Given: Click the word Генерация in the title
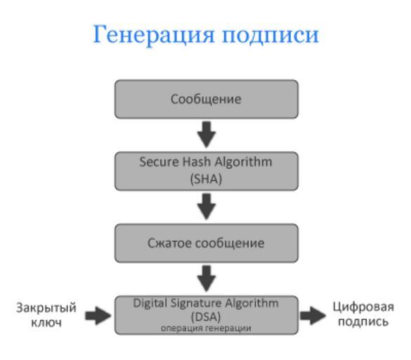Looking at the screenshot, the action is point(154,35).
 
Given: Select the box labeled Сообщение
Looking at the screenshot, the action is point(207,99).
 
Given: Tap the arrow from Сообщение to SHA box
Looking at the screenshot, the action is point(207,134).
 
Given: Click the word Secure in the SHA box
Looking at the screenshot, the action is point(159,162).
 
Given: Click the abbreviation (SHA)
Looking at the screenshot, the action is point(206,179).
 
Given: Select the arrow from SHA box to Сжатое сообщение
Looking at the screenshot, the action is point(207,207).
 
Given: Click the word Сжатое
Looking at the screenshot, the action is point(169,243).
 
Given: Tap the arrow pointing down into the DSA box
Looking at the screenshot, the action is point(207,278).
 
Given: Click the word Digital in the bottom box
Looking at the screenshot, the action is point(150,304).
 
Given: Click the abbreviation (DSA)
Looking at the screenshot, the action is point(206,317).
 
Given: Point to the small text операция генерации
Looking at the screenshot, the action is point(206,328).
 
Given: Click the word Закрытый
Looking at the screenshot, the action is point(46,308).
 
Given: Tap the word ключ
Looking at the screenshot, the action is point(46,323).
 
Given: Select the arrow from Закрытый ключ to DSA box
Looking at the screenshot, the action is point(98,316).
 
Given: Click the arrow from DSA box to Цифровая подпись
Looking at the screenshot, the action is point(313,316).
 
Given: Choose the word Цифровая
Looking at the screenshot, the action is point(363,307).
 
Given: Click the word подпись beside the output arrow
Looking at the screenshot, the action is point(363,322).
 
